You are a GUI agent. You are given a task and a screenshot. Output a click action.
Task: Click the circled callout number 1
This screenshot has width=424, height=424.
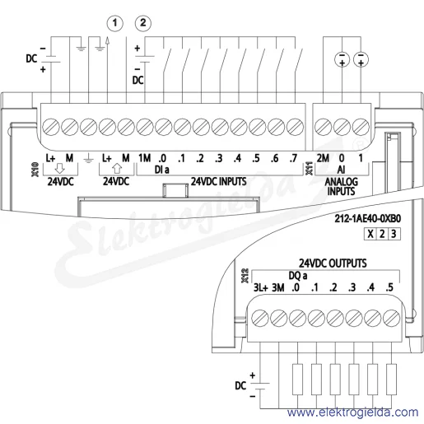pos(114,23)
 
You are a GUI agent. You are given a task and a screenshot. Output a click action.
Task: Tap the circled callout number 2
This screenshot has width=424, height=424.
pos(143,23)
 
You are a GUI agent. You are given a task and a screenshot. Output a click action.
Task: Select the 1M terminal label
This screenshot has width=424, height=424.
pos(145,158)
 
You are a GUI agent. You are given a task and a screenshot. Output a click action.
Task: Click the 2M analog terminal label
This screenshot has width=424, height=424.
pos(323,158)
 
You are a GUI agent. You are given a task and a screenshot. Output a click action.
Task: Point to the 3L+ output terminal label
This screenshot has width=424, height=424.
pos(260,287)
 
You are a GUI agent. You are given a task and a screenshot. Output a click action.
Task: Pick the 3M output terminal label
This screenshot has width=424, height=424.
pos(278,287)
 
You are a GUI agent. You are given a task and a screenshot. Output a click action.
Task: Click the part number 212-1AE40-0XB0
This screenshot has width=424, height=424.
pos(368,218)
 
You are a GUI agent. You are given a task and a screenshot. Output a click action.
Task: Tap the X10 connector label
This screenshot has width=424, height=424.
pos(35,170)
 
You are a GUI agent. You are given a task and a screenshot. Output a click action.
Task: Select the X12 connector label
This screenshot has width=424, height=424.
pos(245,276)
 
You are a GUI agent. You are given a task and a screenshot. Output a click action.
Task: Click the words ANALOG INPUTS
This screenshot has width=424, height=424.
pos(342,186)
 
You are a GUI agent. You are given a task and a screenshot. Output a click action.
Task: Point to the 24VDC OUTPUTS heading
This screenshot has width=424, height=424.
pos(333,263)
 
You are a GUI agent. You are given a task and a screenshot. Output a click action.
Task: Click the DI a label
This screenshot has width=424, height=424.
pos(162,170)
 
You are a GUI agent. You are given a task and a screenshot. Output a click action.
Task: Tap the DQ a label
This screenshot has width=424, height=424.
pos(298,276)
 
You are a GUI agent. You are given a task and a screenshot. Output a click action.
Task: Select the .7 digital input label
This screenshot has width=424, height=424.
pos(293,158)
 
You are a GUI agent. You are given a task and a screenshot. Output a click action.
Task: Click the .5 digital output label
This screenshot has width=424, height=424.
pos(389,287)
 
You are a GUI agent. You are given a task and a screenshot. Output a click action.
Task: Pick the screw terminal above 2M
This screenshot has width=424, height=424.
pos(323,128)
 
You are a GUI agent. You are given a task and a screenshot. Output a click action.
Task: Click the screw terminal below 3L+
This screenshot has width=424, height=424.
pos(260,319)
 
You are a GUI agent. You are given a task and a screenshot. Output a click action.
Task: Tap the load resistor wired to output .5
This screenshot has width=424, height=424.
pos(392,380)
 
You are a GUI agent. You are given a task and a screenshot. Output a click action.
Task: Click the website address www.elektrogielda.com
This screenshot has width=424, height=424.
pos(353,412)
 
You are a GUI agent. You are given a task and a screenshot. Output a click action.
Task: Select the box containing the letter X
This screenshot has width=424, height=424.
pos(370,234)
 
